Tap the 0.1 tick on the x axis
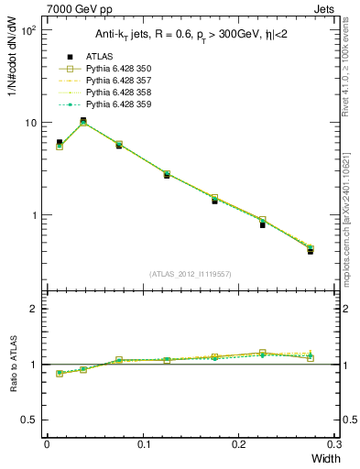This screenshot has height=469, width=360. pyautogui.click(x=143, y=444)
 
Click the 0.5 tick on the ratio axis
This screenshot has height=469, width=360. pyautogui.click(x=30, y=420)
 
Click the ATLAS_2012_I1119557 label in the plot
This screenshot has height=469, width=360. pyautogui.click(x=189, y=274)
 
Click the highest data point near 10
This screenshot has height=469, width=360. pyautogui.click(x=83, y=121)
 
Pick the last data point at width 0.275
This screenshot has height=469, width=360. pyautogui.click(x=310, y=250)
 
